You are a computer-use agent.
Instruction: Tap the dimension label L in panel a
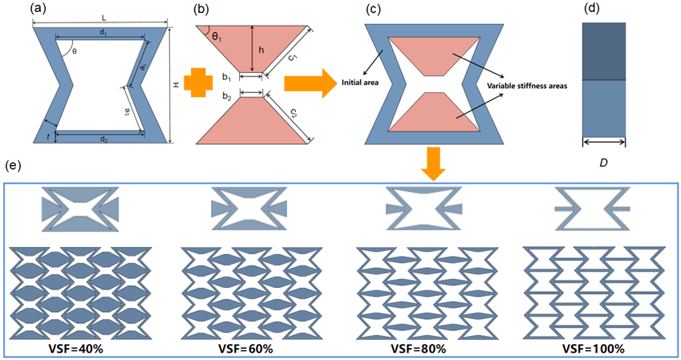104,17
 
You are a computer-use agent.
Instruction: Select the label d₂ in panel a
104,140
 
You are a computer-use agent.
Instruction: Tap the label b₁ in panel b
228,78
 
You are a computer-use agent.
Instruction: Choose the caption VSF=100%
593,350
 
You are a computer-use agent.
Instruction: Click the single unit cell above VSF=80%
424,208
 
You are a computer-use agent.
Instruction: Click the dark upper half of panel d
603,51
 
